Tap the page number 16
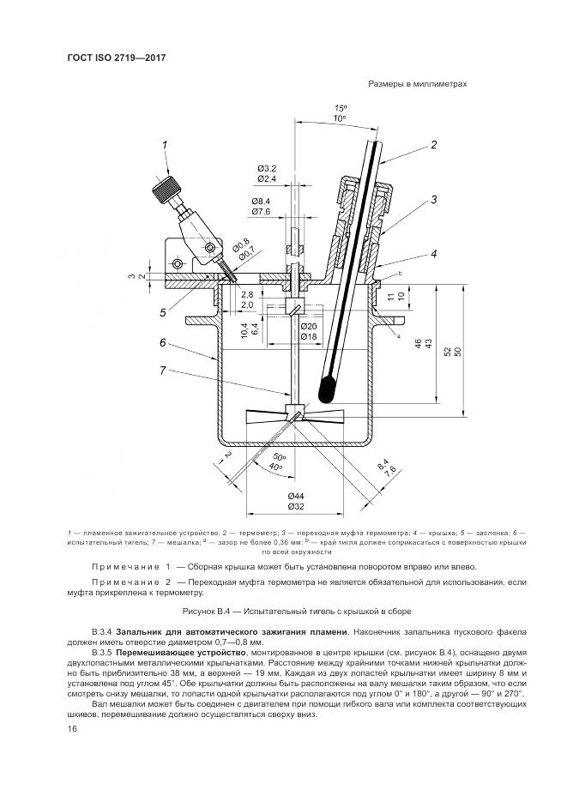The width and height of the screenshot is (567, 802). (72, 729)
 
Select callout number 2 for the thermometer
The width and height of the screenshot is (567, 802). (433, 145)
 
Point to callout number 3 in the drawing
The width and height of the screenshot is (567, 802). (435, 200)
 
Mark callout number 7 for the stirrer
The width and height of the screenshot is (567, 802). (163, 371)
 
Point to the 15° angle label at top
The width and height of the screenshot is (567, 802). (340, 107)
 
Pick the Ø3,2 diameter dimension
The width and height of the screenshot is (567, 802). (266, 167)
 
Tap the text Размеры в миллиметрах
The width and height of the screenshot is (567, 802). (417, 84)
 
